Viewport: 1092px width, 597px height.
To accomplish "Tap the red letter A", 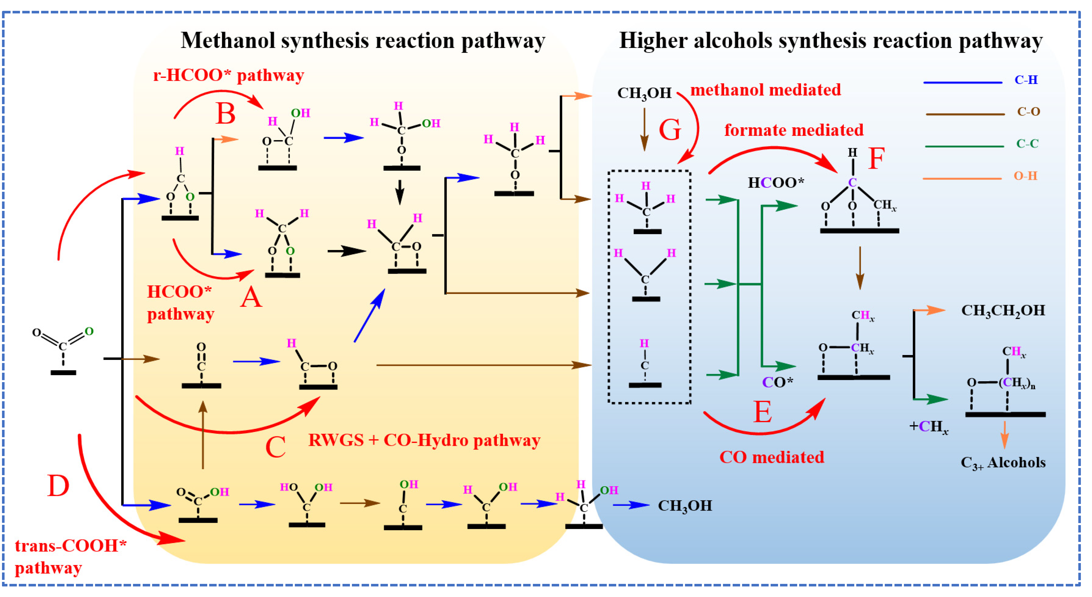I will click(x=251, y=297).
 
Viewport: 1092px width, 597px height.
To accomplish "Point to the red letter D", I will click(x=58, y=486).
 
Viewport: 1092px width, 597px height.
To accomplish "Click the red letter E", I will click(x=763, y=412).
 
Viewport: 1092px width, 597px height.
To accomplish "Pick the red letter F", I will click(x=876, y=159).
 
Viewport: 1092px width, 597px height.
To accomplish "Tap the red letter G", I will click(x=670, y=130).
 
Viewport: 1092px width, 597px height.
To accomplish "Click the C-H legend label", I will click(x=1026, y=80).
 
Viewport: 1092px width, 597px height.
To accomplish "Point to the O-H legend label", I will click(x=1025, y=176).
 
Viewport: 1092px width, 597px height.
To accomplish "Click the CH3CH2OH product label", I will click(x=1003, y=310).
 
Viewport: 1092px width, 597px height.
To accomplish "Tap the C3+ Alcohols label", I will click(x=1003, y=463).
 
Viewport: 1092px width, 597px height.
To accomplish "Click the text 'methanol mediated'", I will click(x=765, y=90).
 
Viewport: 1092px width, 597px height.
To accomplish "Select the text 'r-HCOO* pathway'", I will click(x=229, y=75).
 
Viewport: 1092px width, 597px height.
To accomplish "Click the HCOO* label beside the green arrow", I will click(x=776, y=183).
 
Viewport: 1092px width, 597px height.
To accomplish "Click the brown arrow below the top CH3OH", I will click(x=644, y=129).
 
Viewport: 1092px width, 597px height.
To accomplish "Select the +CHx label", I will click(x=928, y=427).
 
